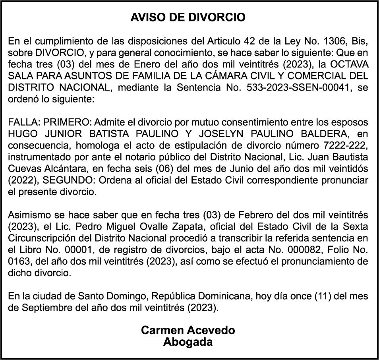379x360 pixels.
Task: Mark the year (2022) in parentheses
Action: [x=23, y=180]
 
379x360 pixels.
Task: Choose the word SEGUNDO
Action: [x=66, y=180]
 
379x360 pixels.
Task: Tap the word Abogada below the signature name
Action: [x=188, y=342]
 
